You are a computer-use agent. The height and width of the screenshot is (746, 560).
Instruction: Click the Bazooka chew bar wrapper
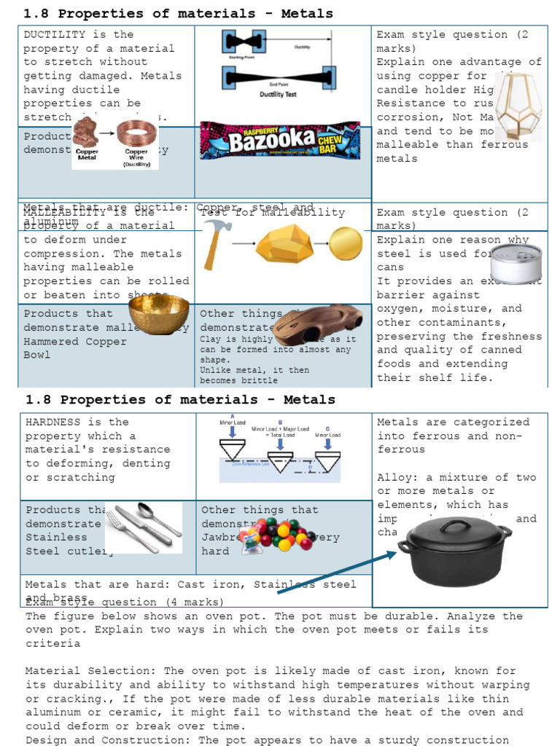point(280,141)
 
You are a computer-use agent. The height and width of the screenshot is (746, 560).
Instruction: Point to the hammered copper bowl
point(159,314)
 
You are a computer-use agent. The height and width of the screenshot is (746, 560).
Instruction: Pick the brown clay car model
point(317,325)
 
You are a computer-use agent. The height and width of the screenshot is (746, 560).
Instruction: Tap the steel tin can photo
point(516,262)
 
